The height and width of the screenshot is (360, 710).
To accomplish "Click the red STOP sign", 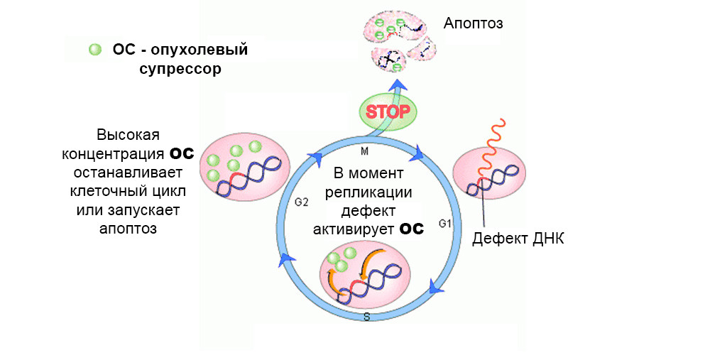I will coord(388,111).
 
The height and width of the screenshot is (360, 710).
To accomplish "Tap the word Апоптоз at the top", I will coord(474,23).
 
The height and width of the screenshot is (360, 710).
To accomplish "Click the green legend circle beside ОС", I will coord(95,50).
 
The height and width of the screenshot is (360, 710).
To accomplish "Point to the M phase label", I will coord(365,152).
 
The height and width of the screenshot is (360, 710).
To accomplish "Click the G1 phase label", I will coord(445,224).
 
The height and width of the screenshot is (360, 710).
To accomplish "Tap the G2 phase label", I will coord(301,202).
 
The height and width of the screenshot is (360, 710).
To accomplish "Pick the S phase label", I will coord(366,316).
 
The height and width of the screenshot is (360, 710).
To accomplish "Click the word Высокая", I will coord(129,135).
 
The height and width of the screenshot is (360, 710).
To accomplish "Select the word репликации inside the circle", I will coord(372,192).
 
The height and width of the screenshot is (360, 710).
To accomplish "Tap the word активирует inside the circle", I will coord(353,229).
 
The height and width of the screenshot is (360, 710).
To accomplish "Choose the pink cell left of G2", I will coord(245,168).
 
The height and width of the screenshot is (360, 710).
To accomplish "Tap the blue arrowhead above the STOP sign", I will coord(398,87).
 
